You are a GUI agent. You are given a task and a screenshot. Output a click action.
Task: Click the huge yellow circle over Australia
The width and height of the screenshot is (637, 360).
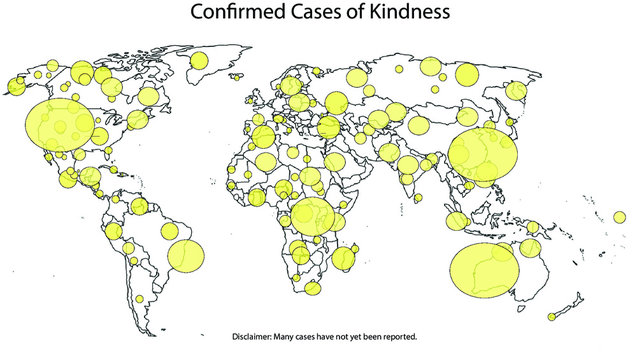point(485,269)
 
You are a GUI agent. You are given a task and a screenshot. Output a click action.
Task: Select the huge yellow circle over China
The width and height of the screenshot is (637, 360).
point(484,154)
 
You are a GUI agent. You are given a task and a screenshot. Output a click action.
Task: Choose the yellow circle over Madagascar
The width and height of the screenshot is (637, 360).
point(345,259)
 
